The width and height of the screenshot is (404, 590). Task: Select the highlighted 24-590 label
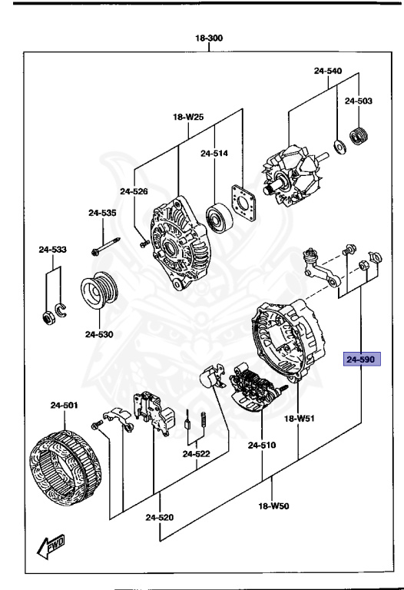[360, 359]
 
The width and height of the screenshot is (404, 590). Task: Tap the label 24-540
[327, 71]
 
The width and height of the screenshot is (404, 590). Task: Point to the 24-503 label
[358, 101]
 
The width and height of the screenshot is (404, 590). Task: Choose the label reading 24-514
[214, 153]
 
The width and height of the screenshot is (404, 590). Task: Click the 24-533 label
[53, 249]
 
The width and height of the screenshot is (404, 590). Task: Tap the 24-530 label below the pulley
[99, 334]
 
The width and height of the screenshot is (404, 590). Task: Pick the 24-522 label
[197, 454]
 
